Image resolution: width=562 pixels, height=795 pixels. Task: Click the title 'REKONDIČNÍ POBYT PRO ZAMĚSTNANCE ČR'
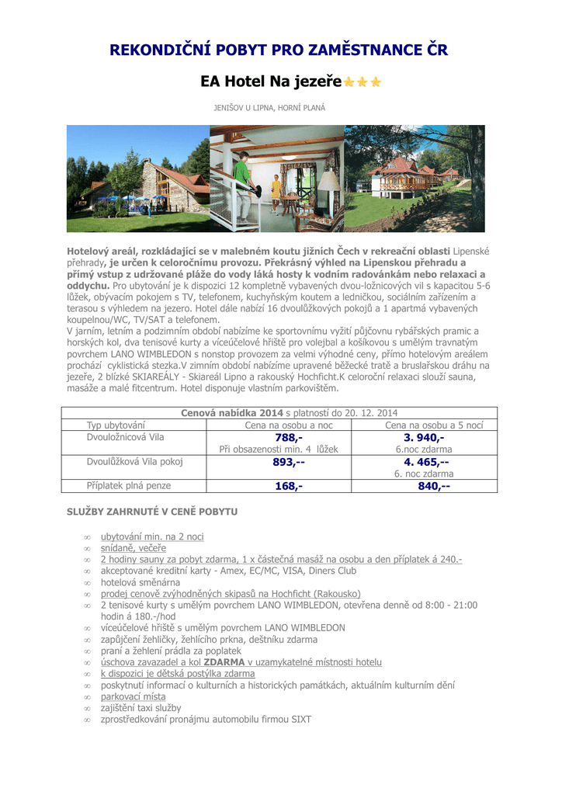(x=279, y=50)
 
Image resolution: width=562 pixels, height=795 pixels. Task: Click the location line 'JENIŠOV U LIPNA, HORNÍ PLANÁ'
(x=269, y=107)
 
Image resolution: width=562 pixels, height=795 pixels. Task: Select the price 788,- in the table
(x=289, y=438)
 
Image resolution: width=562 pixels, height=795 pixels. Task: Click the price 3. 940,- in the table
(x=424, y=438)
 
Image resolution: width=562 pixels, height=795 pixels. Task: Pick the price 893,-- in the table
(x=289, y=462)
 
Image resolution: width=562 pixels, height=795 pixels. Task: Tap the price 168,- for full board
(x=289, y=486)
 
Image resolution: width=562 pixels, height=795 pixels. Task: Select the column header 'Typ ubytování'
(x=116, y=425)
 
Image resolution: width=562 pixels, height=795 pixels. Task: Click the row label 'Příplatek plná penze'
(x=128, y=486)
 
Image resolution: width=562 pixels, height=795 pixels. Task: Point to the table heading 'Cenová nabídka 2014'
(x=232, y=413)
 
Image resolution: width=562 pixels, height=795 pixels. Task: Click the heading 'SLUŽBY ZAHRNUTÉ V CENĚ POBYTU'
(x=152, y=512)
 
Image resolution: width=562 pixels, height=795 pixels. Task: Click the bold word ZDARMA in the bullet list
(x=224, y=662)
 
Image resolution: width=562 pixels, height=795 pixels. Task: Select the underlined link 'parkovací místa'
(x=133, y=696)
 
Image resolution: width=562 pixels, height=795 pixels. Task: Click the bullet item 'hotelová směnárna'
(x=140, y=582)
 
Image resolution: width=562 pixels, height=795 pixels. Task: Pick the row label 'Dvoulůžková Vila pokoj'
(x=134, y=462)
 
